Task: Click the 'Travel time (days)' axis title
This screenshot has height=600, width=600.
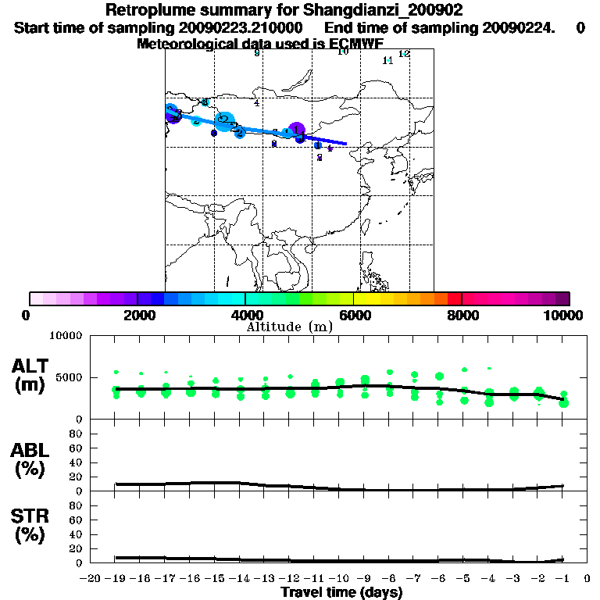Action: pyautogui.click(x=341, y=592)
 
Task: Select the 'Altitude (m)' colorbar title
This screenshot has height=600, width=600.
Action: pyautogui.click(x=290, y=327)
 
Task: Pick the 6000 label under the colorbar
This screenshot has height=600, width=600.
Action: pyautogui.click(x=353, y=315)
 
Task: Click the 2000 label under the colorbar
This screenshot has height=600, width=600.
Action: pyautogui.click(x=137, y=315)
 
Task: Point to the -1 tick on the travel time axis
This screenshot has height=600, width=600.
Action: pyautogui.click(x=562, y=578)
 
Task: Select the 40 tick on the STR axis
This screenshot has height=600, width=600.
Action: pyautogui.click(x=77, y=534)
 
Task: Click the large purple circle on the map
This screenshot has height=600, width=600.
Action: pyautogui.click(x=296, y=130)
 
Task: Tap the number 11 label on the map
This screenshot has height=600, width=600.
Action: pyautogui.click(x=387, y=60)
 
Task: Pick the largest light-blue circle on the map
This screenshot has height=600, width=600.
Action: pyautogui.click(x=224, y=120)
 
